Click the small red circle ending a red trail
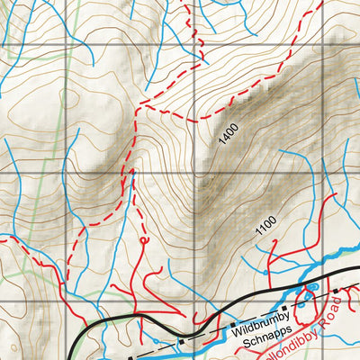coord(144,241)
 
